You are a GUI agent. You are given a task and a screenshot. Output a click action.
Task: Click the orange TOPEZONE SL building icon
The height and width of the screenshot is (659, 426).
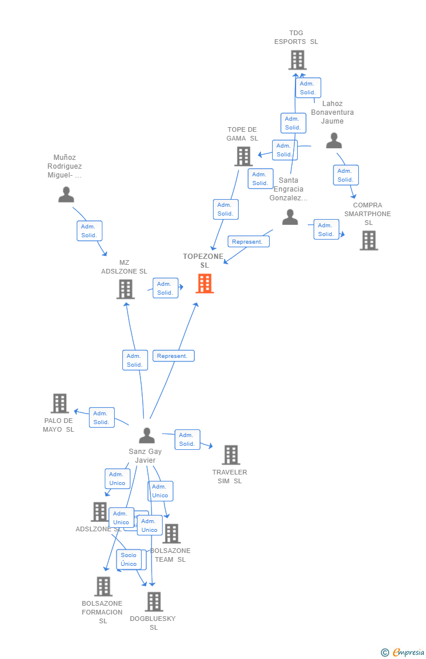204,284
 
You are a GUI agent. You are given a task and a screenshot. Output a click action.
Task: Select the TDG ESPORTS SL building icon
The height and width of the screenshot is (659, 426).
297,60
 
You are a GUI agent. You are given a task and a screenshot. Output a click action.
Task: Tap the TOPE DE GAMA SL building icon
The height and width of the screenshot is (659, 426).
243,156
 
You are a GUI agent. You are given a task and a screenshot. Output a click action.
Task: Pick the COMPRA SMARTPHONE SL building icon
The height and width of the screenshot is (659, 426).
369,240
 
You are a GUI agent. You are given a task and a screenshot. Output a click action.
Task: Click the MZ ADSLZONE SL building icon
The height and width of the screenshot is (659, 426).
125,289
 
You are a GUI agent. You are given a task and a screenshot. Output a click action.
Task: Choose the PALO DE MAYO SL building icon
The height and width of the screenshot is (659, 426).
60,404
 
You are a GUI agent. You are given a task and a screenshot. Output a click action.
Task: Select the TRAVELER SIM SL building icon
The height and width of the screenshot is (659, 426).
231,455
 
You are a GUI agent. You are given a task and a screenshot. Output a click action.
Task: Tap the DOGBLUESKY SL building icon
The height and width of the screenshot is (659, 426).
154,602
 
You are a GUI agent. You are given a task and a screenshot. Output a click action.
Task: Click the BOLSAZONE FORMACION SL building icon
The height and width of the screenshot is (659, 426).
103,586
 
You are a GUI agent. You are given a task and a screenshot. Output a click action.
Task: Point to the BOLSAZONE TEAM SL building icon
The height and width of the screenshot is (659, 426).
171,534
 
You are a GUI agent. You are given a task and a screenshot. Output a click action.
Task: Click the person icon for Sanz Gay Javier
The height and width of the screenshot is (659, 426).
147,435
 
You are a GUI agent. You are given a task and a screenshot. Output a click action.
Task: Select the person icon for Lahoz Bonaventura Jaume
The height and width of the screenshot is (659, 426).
334,141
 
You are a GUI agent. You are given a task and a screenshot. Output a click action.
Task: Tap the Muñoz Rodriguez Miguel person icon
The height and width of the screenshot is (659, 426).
66,194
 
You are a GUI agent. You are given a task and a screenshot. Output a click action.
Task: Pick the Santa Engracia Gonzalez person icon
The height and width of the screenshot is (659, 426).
290,217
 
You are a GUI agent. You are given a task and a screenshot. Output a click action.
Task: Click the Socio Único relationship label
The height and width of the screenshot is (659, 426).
129,559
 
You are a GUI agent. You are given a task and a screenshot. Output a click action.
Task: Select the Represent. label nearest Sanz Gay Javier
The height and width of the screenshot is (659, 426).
173,356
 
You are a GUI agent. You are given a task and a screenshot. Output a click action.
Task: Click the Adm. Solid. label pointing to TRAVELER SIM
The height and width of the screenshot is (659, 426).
187,439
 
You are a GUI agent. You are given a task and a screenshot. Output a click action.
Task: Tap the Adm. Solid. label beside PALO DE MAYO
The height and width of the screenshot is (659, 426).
101,418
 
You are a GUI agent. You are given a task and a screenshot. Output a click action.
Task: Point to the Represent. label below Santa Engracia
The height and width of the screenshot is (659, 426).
248,241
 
